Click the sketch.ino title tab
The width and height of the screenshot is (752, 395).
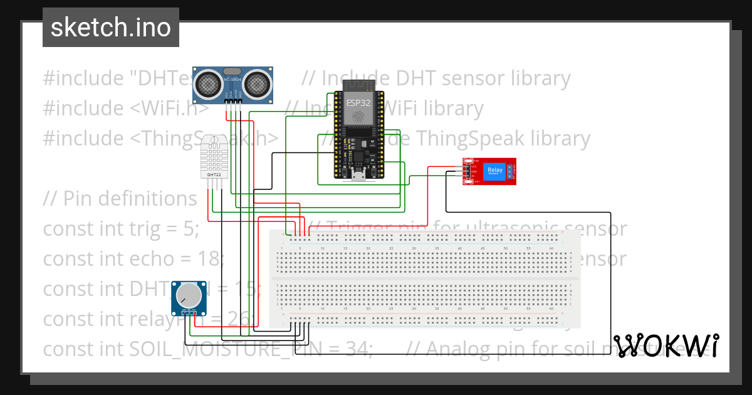[111, 28]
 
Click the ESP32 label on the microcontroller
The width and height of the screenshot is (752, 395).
[358, 100]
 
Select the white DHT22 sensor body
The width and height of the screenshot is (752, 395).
[214, 157]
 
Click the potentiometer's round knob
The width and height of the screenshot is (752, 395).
[189, 295]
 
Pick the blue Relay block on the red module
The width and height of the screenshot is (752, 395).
[494, 171]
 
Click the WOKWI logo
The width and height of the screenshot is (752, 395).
[666, 345]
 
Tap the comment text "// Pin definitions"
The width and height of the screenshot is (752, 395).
[120, 198]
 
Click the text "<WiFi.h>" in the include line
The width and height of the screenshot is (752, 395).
[169, 108]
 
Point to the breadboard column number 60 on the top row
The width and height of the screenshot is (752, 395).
[551, 249]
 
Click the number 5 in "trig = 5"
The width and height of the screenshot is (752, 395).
[190, 229]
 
